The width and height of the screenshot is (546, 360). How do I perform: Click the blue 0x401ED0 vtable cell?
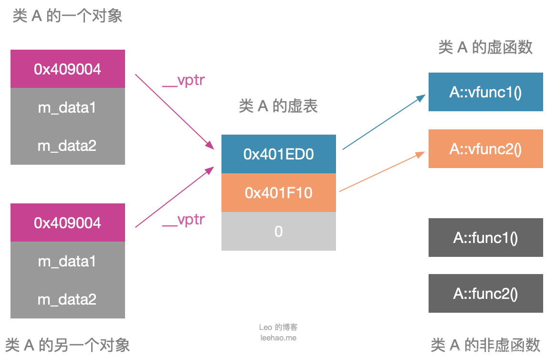[279, 154]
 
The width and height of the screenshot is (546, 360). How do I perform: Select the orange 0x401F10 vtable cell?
[279, 193]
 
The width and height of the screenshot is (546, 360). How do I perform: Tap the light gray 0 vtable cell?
[279, 232]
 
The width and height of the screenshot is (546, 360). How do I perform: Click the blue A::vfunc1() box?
[485, 92]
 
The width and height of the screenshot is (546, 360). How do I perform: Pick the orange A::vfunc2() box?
[485, 149]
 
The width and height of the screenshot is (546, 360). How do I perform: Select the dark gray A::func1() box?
[485, 238]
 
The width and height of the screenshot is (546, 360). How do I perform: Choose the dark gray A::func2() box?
[485, 294]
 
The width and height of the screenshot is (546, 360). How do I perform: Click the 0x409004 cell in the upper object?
[68, 69]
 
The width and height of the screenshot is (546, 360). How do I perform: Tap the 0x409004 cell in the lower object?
[68, 223]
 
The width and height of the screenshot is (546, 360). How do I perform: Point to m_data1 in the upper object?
[67, 108]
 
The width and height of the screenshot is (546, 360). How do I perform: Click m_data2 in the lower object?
[67, 299]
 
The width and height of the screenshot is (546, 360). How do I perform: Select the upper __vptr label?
[184, 80]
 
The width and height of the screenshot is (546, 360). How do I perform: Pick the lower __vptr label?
[184, 220]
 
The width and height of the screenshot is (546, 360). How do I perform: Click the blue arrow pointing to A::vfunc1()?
[384, 122]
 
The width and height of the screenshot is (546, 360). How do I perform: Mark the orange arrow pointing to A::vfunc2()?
[382, 172]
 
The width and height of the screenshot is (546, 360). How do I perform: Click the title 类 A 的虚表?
[278, 106]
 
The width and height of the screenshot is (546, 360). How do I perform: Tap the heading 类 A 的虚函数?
[485, 47]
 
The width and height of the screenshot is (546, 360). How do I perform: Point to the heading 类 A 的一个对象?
[67, 16]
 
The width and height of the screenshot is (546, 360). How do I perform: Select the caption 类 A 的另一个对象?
[67, 345]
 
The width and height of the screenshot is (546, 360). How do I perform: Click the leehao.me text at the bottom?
[278, 338]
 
